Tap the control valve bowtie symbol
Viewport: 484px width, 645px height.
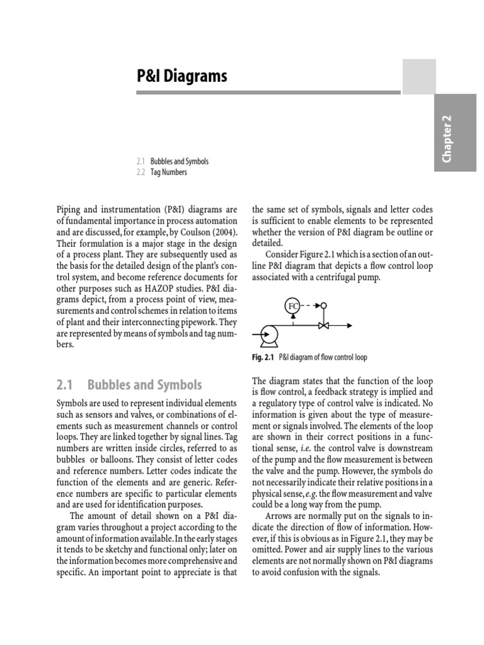coord(324,326)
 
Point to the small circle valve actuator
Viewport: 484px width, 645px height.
coord(324,306)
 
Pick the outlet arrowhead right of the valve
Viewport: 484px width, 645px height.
coord(349,326)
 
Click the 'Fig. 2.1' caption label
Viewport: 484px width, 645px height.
coord(263,357)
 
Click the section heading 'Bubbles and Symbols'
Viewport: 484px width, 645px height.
coord(145,384)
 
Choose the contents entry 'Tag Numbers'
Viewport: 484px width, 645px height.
coord(169,172)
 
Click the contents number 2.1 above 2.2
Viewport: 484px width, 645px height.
coord(141,161)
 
